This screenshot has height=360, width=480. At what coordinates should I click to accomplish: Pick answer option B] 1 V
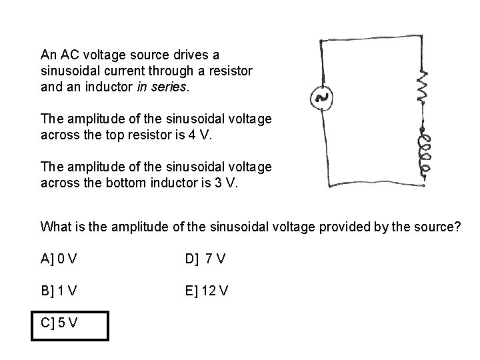click(59, 291)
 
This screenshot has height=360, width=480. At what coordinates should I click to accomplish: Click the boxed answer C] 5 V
click(59, 323)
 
